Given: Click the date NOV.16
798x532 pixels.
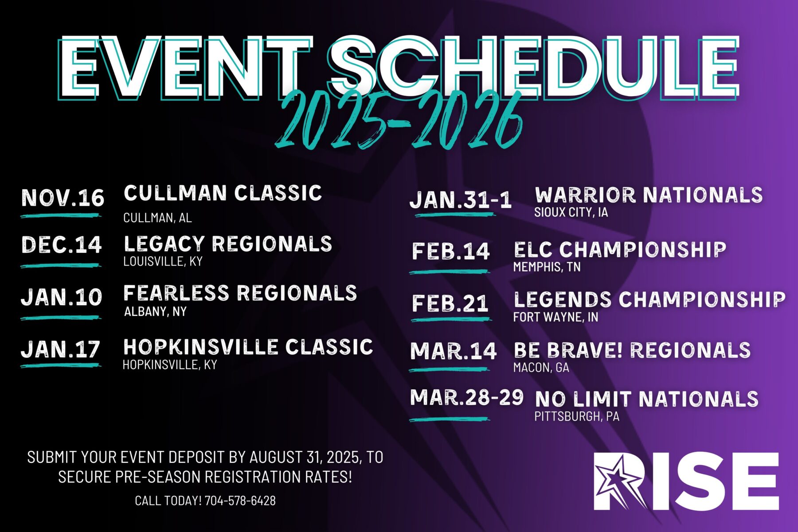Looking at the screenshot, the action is pyautogui.click(x=63, y=198).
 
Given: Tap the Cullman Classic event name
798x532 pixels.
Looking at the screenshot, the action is pyautogui.click(x=223, y=193).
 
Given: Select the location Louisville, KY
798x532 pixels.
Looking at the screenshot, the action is pyautogui.click(x=163, y=262).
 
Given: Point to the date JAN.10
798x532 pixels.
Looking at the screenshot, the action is pyautogui.click(x=61, y=297).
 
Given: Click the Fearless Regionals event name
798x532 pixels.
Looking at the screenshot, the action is pyautogui.click(x=240, y=293).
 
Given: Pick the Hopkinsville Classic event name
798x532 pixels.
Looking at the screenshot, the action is pyautogui.click(x=248, y=347).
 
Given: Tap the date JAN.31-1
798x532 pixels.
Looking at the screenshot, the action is pyautogui.click(x=461, y=199).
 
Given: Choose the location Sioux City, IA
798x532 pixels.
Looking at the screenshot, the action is pyautogui.click(x=571, y=212).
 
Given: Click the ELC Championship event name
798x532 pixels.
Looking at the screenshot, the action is pyautogui.click(x=620, y=250).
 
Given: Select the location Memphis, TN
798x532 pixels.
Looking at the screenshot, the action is pyautogui.click(x=547, y=267).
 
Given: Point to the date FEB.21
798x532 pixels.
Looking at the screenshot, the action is pyautogui.click(x=450, y=303).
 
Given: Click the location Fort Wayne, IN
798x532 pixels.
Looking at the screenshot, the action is pyautogui.click(x=555, y=317).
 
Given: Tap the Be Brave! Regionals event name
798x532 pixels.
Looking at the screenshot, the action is pyautogui.click(x=632, y=350).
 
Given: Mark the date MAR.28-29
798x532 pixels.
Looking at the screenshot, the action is pyautogui.click(x=466, y=397).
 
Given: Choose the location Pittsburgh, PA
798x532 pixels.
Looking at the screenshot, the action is pyautogui.click(x=576, y=417).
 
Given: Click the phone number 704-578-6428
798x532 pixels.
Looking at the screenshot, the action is pyautogui.click(x=240, y=501).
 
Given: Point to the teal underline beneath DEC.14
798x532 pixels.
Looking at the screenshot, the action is pyautogui.click(x=61, y=266).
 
